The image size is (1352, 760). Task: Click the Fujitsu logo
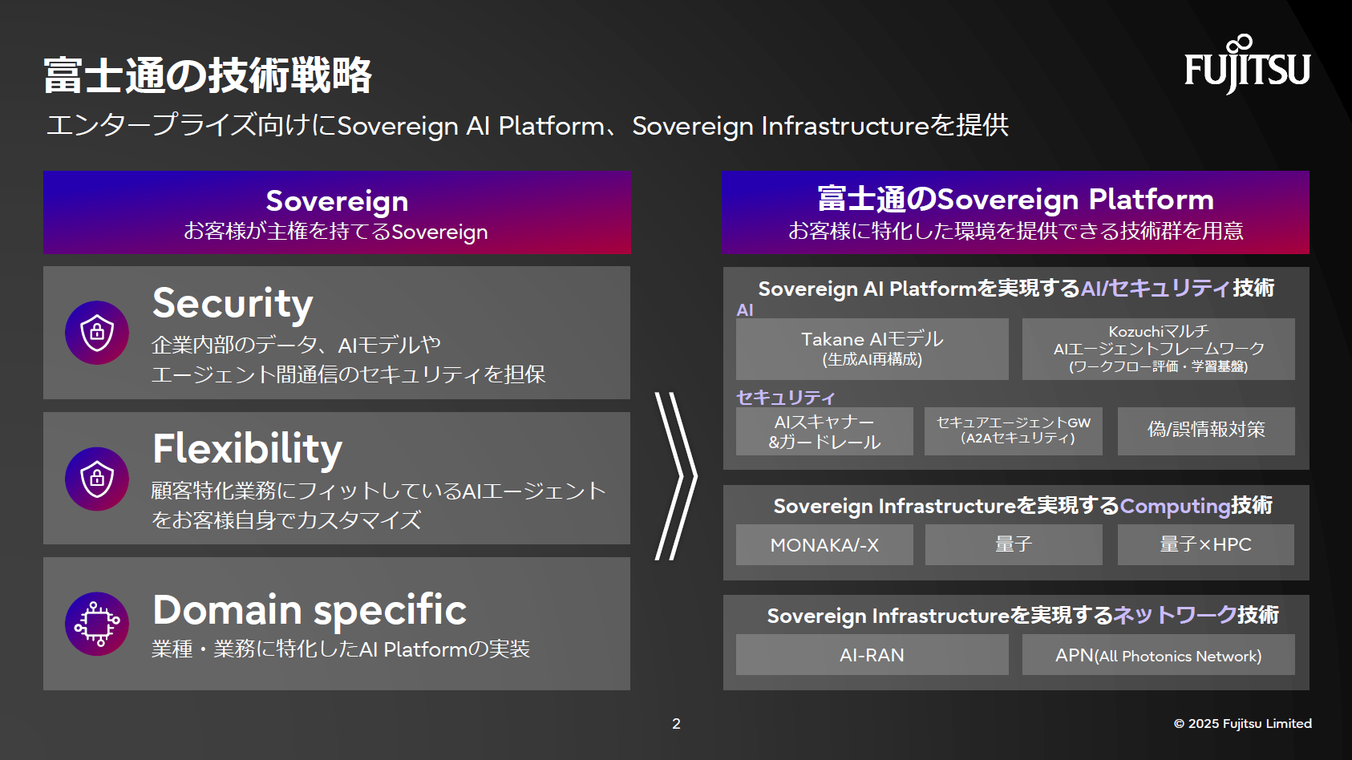coord(1247,66)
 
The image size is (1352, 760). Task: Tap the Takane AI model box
coord(872,349)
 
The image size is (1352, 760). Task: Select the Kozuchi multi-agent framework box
coord(1158,349)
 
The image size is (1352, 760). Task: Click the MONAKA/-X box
coord(824,545)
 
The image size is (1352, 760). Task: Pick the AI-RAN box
coord(872,655)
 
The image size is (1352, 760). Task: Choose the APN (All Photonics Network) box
coord(1158,655)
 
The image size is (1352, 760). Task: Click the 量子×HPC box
coord(1205,545)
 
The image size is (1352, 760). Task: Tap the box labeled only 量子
coord(1014,545)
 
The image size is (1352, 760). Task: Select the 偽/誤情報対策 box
coord(1205,431)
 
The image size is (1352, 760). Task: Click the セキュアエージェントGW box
coord(1014,431)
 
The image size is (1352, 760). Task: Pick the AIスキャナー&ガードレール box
coord(824,431)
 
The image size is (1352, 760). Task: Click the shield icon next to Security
coord(97,332)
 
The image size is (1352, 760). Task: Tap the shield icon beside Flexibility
coord(97,479)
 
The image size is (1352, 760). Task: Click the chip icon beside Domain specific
coord(97,624)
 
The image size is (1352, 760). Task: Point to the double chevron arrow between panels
coord(676,476)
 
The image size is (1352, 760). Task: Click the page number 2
coord(676,724)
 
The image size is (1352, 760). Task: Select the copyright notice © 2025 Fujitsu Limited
coord(1242,724)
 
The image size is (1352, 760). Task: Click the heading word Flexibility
coord(247,449)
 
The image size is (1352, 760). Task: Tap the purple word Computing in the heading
coord(1175,506)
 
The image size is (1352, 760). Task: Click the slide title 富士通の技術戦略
coord(208,75)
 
